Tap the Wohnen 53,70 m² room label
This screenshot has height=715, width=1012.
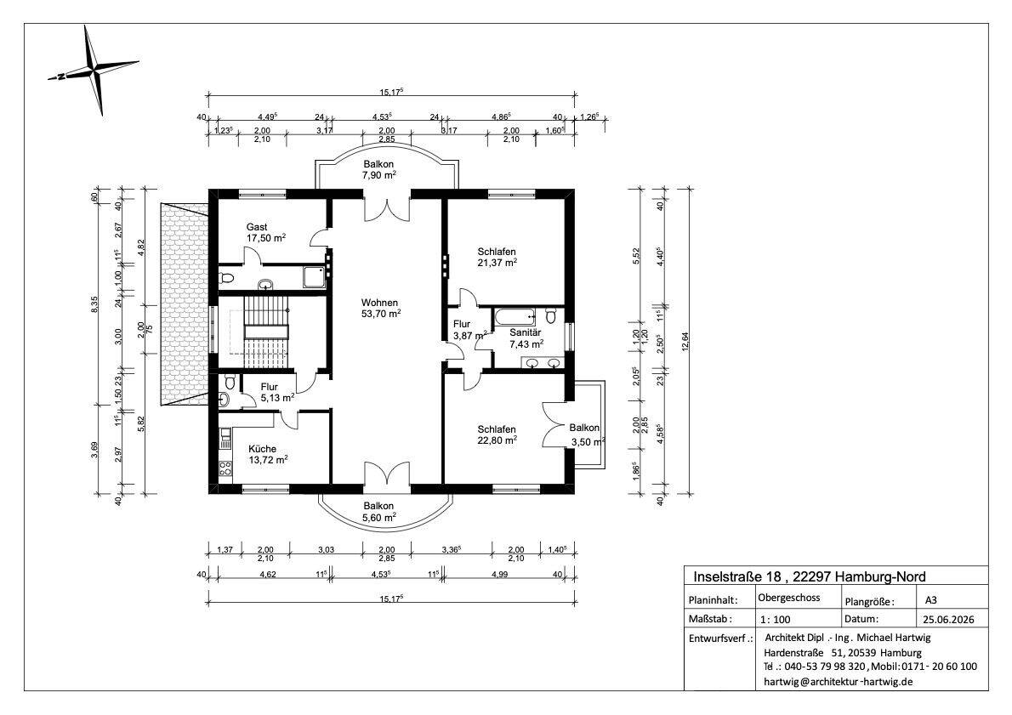(380, 308)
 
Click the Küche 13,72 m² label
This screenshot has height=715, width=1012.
(268, 454)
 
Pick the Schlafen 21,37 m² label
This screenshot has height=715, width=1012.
(497, 257)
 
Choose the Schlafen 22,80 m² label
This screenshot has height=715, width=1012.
(497, 434)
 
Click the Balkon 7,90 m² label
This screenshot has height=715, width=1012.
(378, 170)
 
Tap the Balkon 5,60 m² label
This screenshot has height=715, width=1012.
(378, 512)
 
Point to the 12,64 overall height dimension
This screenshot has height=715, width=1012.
(685, 342)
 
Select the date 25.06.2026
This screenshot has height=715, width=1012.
(947, 620)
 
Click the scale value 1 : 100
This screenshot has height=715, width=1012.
(775, 620)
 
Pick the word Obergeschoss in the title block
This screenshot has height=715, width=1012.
(788, 598)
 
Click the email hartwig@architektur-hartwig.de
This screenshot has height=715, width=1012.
(838, 682)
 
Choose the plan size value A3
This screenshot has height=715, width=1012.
(930, 599)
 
